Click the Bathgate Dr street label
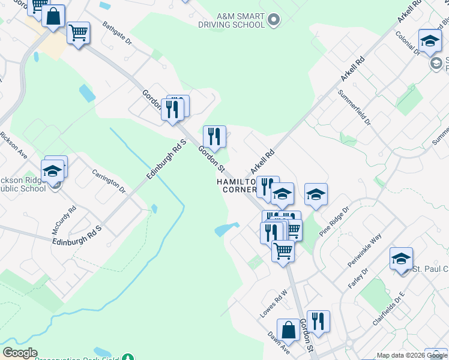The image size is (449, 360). [116, 34]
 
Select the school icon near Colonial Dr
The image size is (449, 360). [430, 41]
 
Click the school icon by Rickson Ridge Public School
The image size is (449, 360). [53, 171]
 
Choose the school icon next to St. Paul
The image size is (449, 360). [401, 259]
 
